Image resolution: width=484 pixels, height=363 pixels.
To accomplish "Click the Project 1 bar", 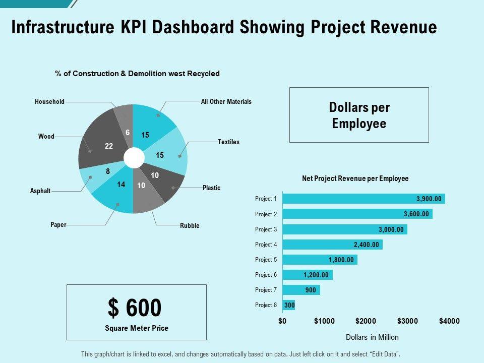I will click(363, 199).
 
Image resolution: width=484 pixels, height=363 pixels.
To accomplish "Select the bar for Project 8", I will click(288, 305).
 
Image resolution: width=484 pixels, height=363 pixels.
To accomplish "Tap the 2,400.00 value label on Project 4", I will click(366, 245).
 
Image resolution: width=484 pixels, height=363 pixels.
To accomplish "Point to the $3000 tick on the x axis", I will click(407, 321).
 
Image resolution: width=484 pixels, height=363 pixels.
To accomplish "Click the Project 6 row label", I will click(266, 275).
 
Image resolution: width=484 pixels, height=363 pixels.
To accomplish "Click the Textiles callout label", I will click(228, 142).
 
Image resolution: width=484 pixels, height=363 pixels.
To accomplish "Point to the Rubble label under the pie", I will click(190, 225).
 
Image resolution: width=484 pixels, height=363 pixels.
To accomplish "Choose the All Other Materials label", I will click(226, 102).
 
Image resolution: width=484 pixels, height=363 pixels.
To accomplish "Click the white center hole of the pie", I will click(134, 158).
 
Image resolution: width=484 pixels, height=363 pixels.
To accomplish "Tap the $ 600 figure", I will click(135, 308).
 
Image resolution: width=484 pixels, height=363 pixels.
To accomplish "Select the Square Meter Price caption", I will click(136, 328).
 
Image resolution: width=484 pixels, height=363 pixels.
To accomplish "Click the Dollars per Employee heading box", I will click(359, 115).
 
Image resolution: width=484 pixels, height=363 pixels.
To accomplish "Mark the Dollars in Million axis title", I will click(372, 337).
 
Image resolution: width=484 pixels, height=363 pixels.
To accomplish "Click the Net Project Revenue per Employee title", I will click(355, 178).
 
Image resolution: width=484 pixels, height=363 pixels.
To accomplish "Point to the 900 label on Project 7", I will click(310, 290).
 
